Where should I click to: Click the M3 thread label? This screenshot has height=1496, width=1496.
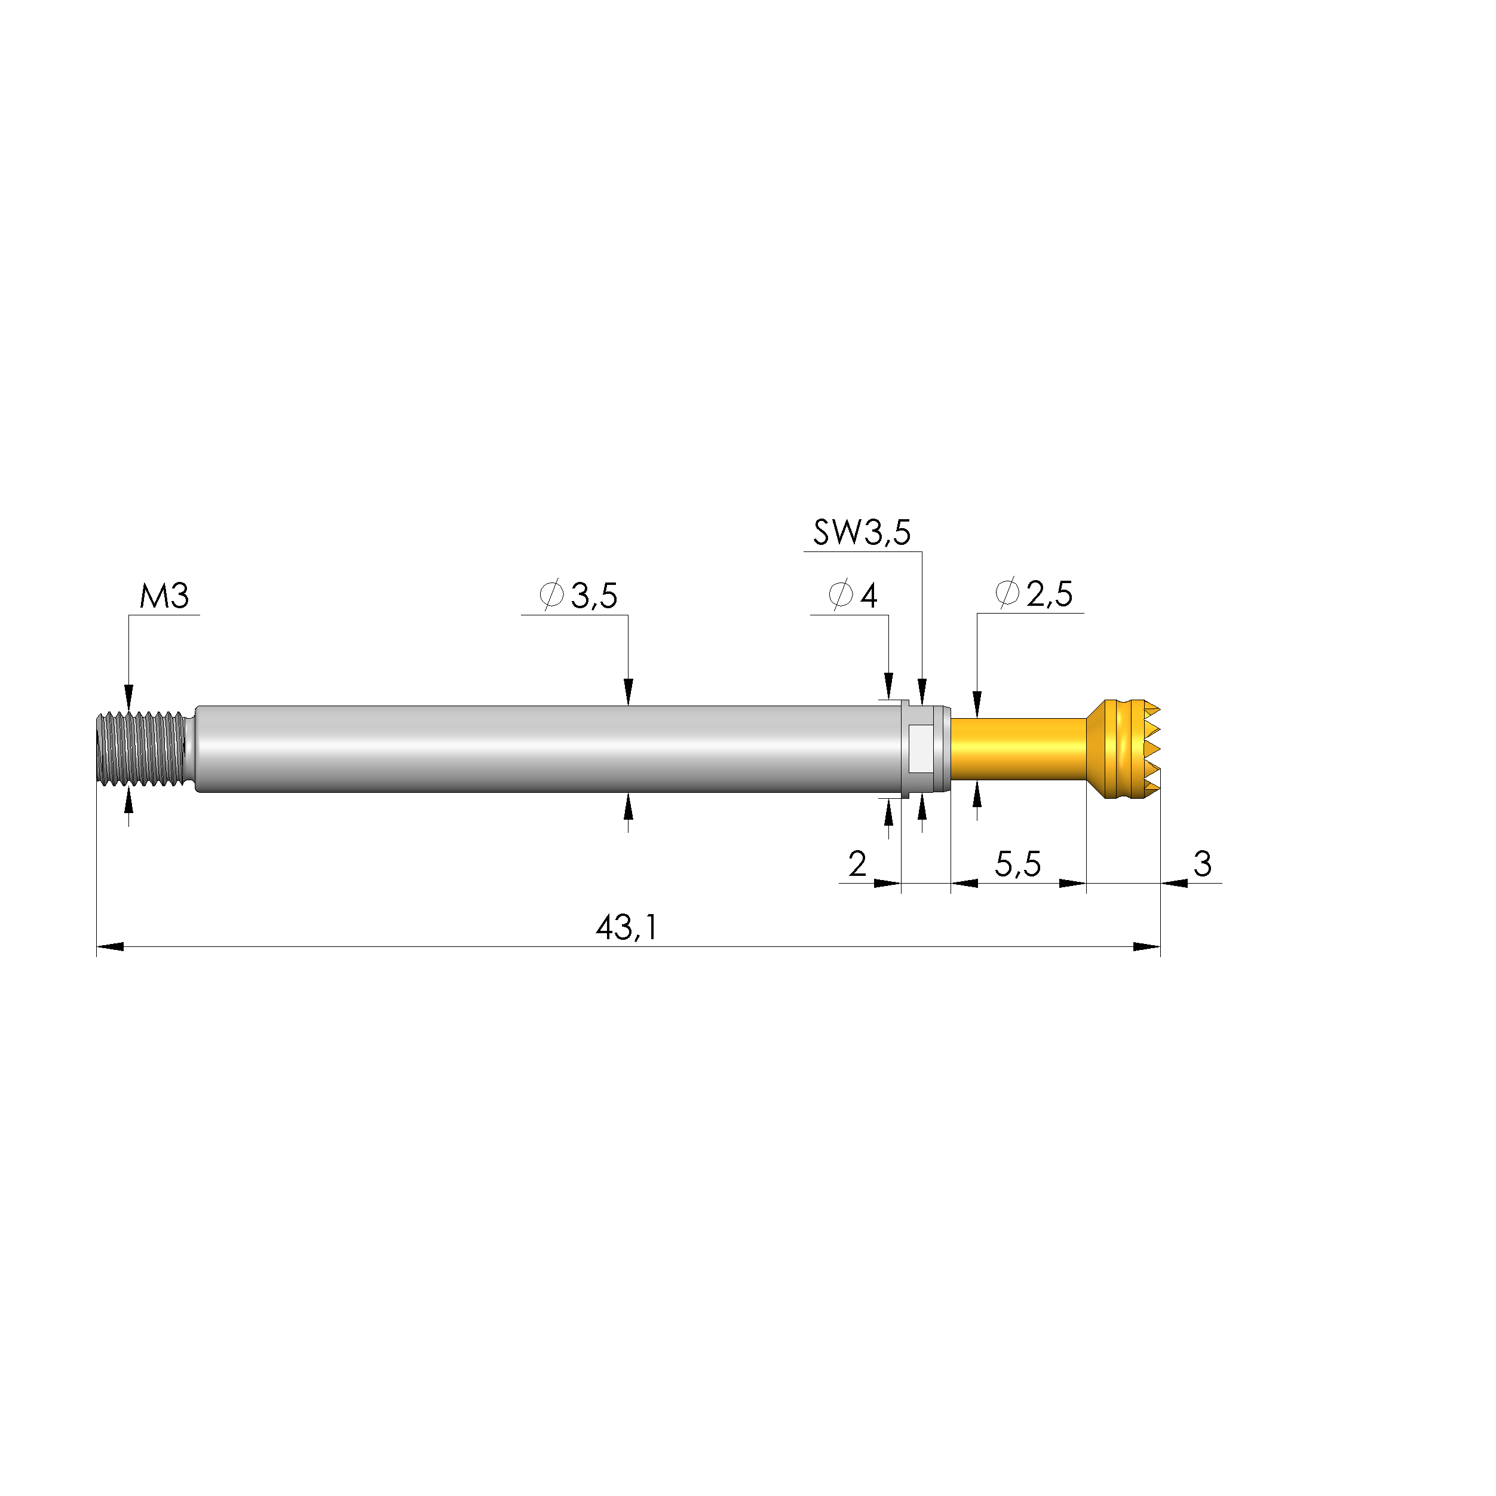pos(164,596)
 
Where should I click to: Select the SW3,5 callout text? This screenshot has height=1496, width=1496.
pos(861,533)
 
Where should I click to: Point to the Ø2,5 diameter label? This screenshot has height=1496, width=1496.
pos(1033,594)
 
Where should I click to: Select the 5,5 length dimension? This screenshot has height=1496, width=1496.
pos(1017,864)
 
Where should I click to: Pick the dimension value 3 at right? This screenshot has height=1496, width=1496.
pos(1201,864)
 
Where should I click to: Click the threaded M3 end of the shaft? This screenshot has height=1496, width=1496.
pos(142,749)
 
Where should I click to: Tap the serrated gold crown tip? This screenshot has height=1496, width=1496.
pos(1127,749)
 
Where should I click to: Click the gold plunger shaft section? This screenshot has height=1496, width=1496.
pos(1017,749)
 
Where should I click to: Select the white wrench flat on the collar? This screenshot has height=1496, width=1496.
pos(921,749)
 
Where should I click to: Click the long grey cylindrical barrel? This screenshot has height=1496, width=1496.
pos(542,749)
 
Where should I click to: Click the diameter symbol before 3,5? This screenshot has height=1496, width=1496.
pos(551,594)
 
